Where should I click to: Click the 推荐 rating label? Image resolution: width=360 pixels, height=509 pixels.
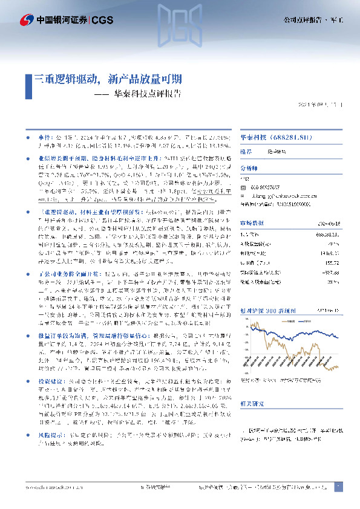pyautogui.click(x=246, y=152)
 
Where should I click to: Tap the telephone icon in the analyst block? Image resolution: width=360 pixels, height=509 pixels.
pyautogui.click(x=244, y=187)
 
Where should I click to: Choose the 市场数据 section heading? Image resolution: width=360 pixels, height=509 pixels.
pyautogui.click(x=251, y=222)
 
